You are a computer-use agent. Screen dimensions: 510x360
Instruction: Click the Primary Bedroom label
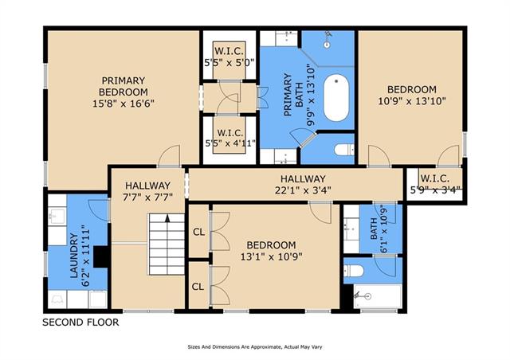[124, 86]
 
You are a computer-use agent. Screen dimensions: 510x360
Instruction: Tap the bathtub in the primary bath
[336, 97]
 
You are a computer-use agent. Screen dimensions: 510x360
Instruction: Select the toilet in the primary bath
[344, 150]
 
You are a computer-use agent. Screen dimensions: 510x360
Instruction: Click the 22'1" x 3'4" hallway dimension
[303, 190]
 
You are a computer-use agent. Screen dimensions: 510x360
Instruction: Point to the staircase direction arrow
[167, 218]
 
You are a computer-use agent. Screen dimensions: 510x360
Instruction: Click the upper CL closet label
[198, 232]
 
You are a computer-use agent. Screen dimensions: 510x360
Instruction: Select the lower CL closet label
[198, 287]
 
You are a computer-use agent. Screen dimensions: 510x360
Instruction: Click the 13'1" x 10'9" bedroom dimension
[271, 257]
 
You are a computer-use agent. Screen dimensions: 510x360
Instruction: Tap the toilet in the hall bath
[354, 271]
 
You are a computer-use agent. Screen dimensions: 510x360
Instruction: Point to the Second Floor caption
[80, 323]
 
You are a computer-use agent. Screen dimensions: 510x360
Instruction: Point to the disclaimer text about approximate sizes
[255, 347]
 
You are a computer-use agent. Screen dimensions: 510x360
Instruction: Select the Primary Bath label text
[293, 95]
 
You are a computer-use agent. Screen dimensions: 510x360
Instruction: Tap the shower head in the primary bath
[328, 39]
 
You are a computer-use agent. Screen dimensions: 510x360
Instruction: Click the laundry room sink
[57, 216]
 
